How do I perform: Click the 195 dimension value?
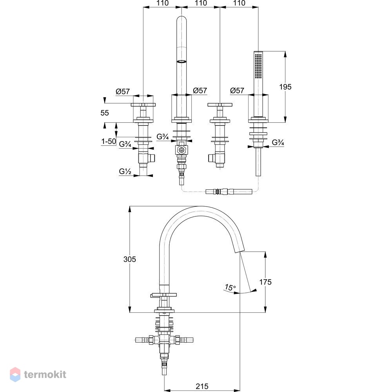(x=285, y=87)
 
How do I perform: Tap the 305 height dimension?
(x=129, y=259)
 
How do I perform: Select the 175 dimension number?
(x=265, y=282)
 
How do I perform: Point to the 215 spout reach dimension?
(x=202, y=387)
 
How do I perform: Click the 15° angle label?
(x=230, y=287)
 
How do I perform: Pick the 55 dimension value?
(x=105, y=113)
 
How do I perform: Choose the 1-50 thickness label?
(x=109, y=142)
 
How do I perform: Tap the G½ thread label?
(x=125, y=172)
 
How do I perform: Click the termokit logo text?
(x=45, y=374)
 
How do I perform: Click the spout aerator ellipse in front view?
(x=181, y=61)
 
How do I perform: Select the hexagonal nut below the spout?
(x=181, y=150)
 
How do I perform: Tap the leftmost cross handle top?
(x=143, y=105)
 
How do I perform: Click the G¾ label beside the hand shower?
(x=278, y=143)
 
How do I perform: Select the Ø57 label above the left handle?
(x=123, y=91)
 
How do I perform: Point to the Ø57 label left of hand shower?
(x=237, y=90)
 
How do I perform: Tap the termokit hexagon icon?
(x=15, y=374)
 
